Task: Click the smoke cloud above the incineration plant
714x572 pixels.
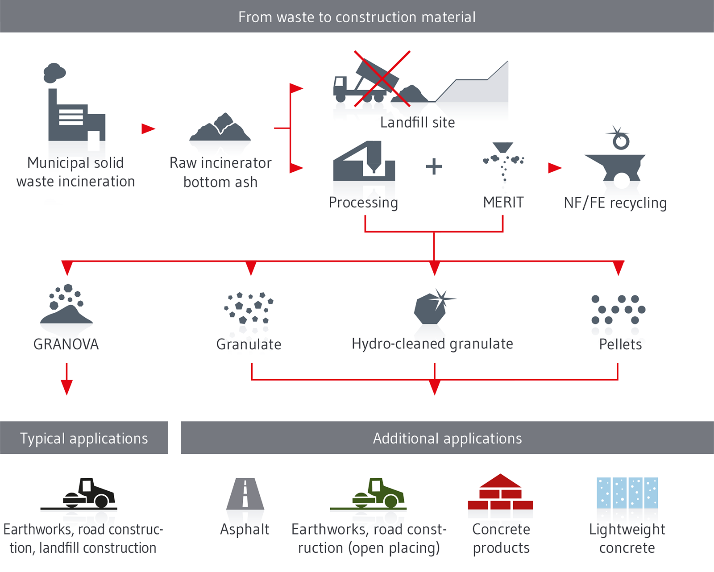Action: click(54, 73)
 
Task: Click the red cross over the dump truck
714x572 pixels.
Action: click(382, 79)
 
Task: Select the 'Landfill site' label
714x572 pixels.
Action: click(417, 122)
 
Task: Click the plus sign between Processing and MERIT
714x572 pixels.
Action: click(433, 167)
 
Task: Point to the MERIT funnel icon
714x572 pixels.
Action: click(503, 161)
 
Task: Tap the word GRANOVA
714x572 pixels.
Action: click(66, 344)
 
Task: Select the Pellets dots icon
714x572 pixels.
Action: click(618, 310)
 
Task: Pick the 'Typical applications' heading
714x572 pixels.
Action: click(84, 438)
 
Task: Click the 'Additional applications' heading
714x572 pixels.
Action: click(447, 438)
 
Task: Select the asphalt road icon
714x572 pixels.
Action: click(245, 494)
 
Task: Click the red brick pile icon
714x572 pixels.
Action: click(500, 493)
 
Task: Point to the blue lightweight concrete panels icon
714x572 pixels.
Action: click(627, 493)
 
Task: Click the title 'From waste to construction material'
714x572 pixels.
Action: click(357, 17)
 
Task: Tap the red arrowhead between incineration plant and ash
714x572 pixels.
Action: click(148, 128)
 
